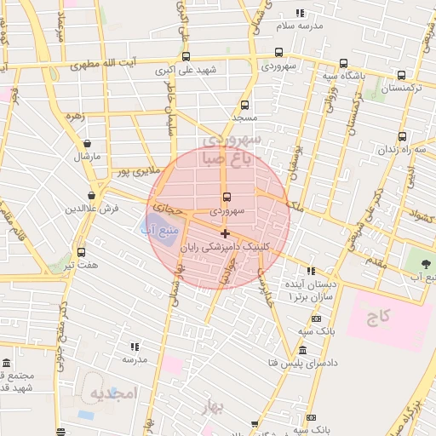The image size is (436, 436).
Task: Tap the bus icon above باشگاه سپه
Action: [343, 64]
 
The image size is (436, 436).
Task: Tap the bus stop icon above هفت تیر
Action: [81, 253]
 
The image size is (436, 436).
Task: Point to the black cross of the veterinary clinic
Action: [225, 232]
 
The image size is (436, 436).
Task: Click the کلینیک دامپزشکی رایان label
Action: [257, 246]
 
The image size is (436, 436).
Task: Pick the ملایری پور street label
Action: [136, 172]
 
